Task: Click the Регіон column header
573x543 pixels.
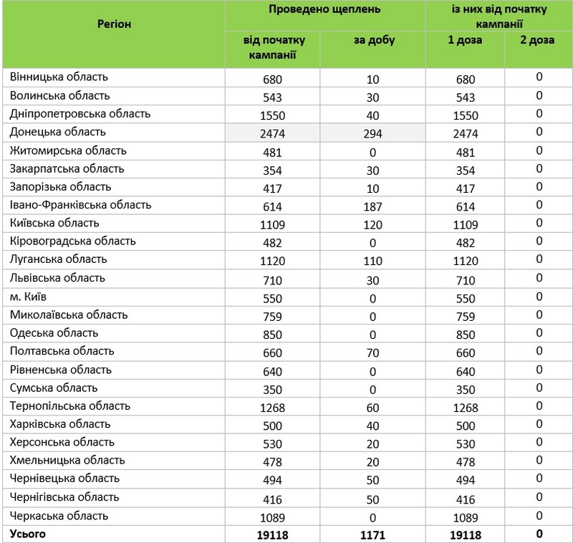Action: point(113,24)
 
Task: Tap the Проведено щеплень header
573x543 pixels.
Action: point(325,9)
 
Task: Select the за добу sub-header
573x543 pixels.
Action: point(372,40)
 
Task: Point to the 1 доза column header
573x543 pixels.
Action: point(465,40)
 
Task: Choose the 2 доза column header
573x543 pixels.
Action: point(539,40)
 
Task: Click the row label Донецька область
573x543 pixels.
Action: point(58,133)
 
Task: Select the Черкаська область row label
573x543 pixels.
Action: point(59,516)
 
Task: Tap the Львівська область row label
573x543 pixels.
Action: point(58,278)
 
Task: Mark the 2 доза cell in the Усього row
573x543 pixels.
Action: point(539,534)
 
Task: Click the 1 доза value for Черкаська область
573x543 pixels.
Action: point(465,517)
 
